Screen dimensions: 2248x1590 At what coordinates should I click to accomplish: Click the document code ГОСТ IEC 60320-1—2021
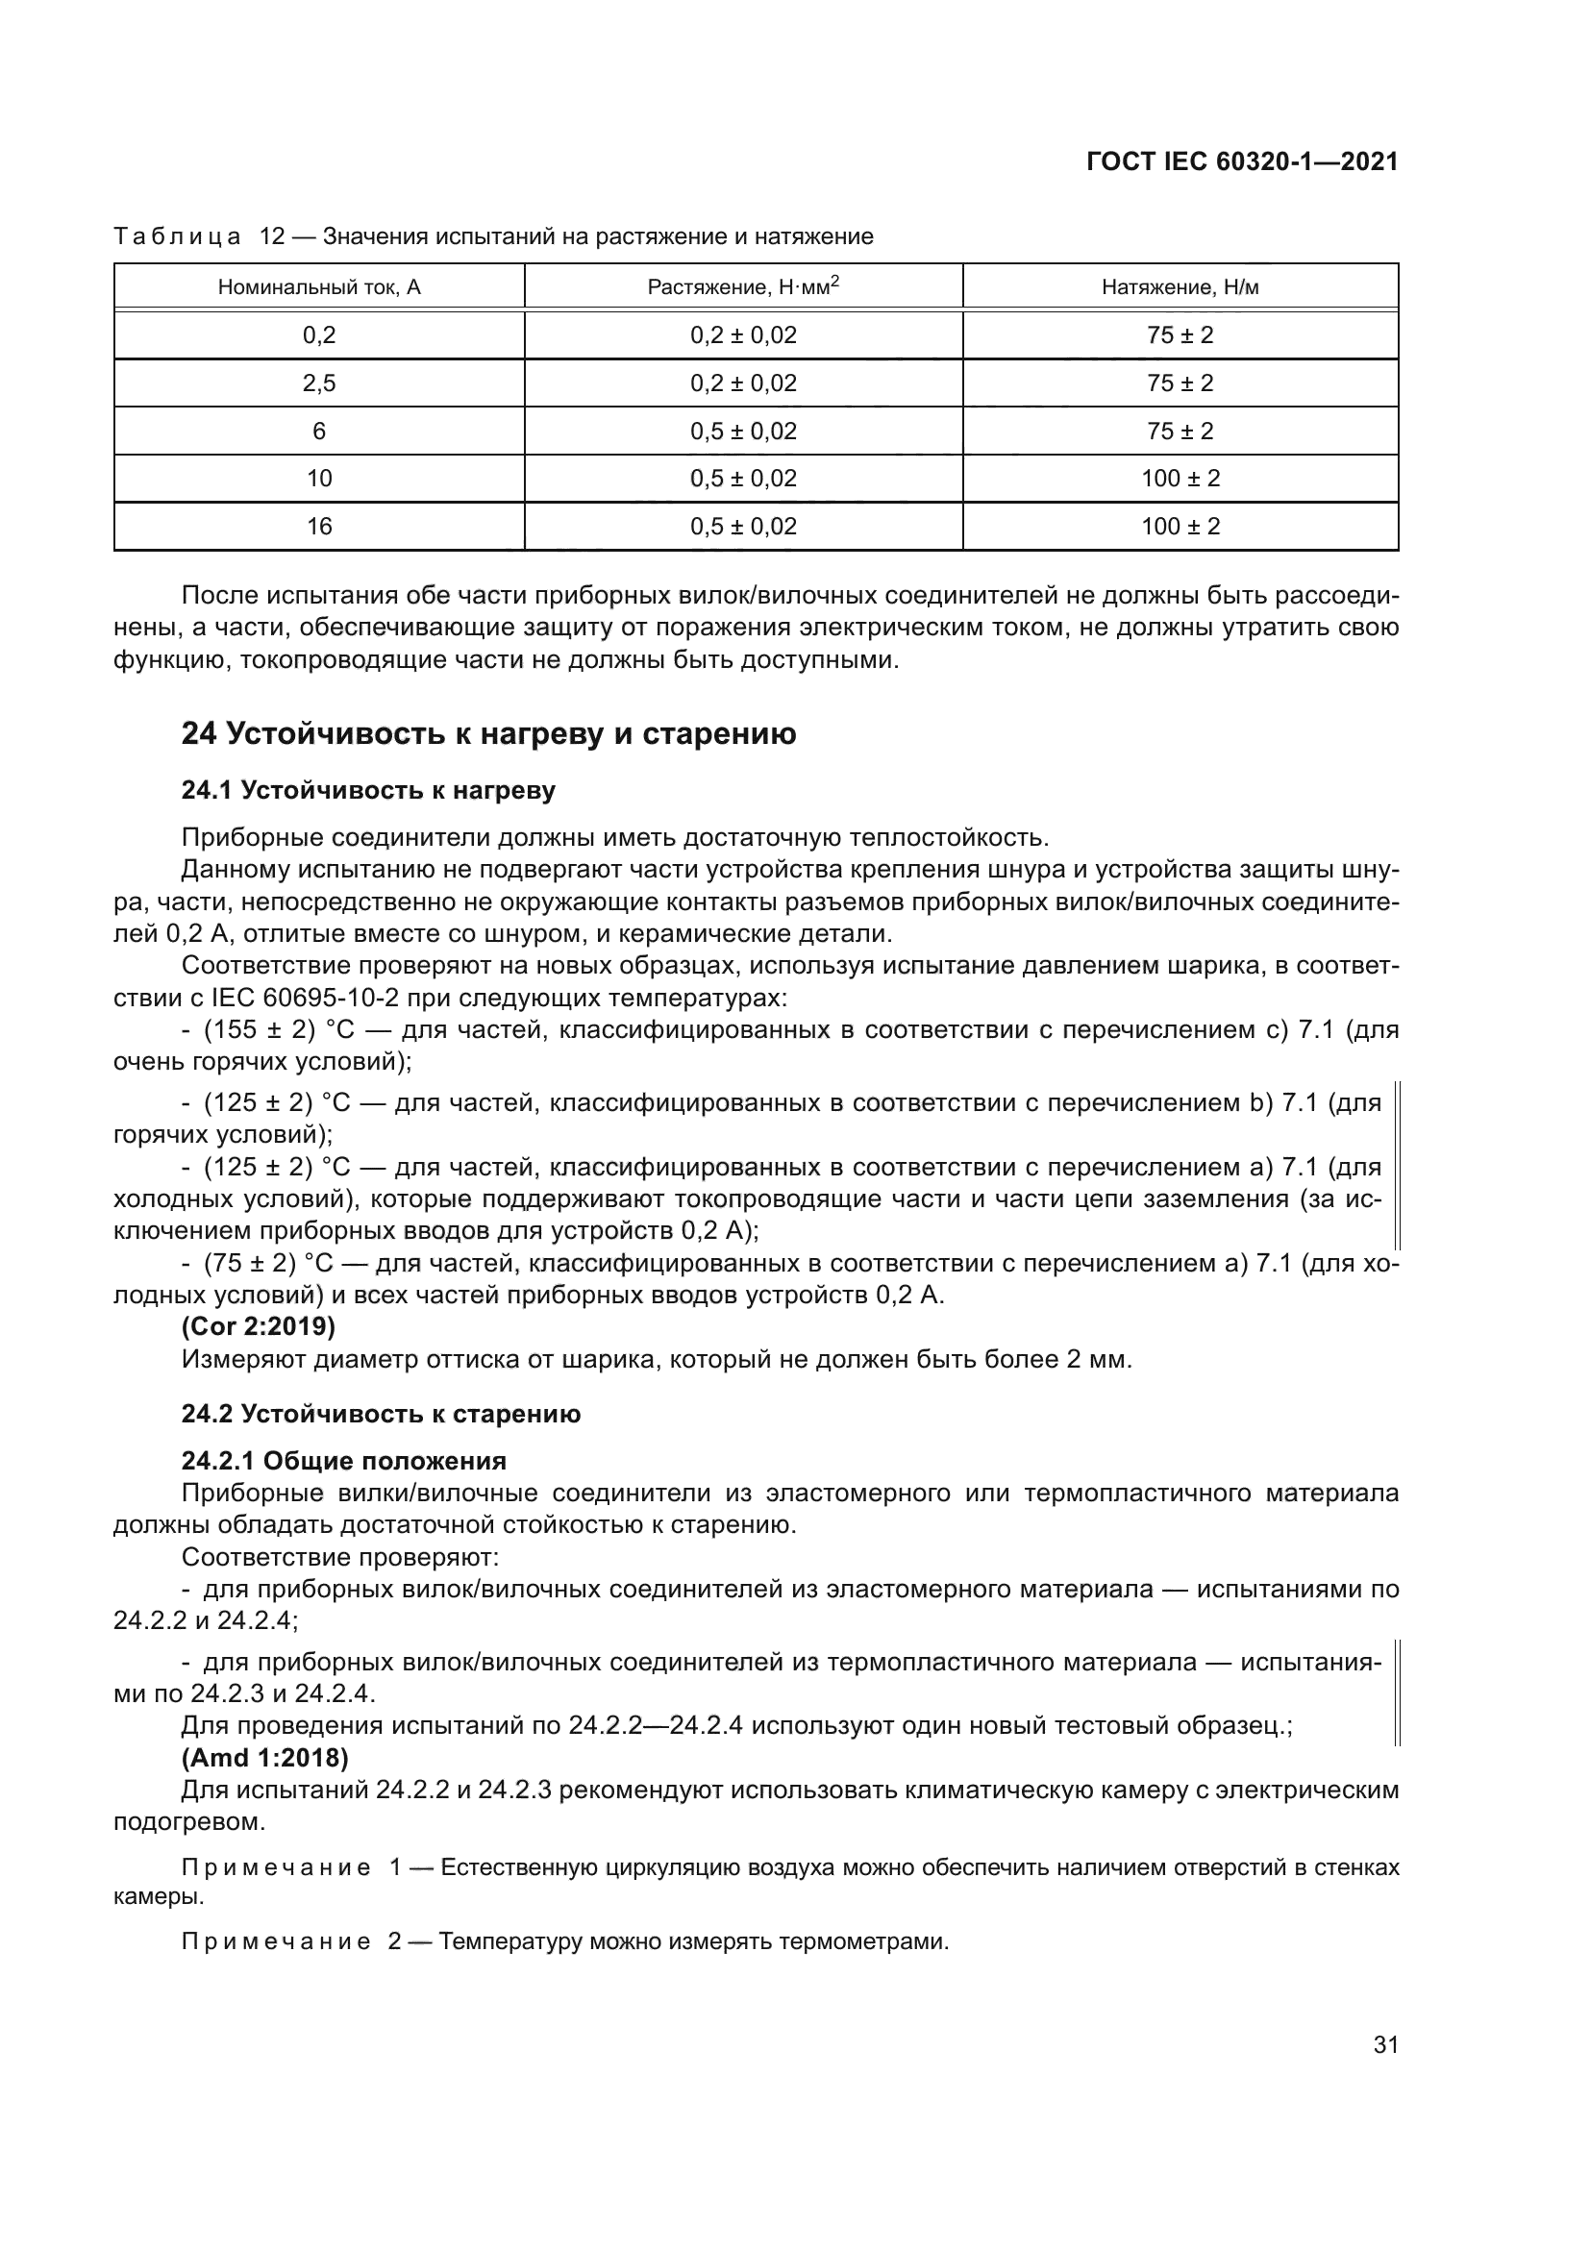pos(1241,162)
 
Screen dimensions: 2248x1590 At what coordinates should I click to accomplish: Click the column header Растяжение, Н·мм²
pos(743,286)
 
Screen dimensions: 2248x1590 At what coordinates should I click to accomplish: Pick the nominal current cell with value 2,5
pos(319,383)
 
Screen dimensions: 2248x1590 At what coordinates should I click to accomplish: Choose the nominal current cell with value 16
pos(319,527)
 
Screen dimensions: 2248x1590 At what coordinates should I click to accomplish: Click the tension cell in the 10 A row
pos(1180,479)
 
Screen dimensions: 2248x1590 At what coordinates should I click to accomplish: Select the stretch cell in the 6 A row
pos(743,432)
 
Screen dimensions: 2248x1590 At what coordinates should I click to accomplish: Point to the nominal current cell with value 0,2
pos(319,335)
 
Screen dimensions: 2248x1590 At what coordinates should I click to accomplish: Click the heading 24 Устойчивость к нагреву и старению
pos(488,734)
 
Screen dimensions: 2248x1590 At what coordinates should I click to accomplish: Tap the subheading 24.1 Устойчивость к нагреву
pos(368,791)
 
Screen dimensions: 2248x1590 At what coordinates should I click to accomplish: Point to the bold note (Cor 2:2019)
pos(259,1327)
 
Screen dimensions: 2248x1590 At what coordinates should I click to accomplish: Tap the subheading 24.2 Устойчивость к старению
pos(381,1415)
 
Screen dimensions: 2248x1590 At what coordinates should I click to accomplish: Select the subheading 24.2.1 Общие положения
pos(343,1462)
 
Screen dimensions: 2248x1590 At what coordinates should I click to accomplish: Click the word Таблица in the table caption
pos(177,237)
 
